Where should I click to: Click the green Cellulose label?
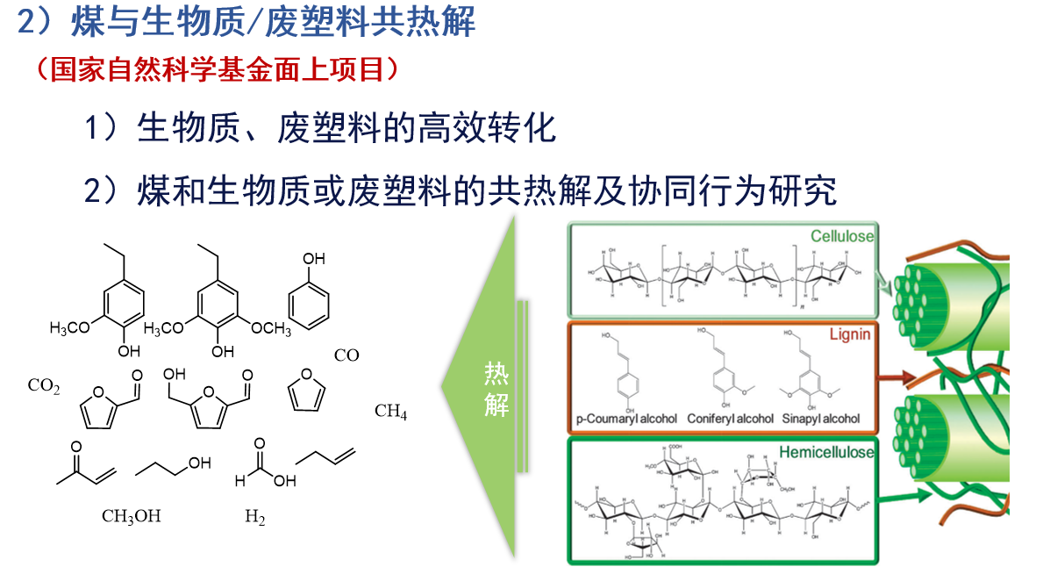841,236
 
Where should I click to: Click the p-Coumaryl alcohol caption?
626,419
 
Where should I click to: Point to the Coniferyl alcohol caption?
731,419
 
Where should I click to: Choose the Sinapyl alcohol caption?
821,419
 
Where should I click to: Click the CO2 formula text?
44,385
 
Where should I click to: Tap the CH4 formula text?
390,411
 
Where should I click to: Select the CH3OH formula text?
132,516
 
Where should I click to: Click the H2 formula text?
254,517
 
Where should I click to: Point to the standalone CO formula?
346,355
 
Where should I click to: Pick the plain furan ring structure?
307,391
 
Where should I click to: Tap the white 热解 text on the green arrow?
496,390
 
